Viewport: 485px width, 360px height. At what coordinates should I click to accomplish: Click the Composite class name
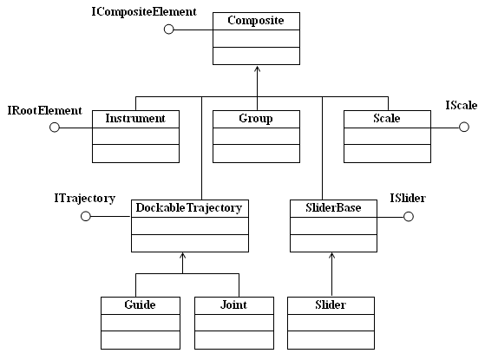[x=256, y=21]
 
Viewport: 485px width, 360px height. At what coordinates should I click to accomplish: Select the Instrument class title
[x=135, y=119]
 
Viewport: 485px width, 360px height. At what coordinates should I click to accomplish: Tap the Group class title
[x=256, y=119]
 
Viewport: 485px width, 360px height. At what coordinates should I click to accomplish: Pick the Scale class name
[x=387, y=119]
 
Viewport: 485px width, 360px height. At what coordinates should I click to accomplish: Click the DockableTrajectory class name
[x=189, y=208]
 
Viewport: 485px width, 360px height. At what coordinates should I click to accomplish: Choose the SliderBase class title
[x=333, y=207]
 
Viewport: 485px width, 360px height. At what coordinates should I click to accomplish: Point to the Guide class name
[x=140, y=305]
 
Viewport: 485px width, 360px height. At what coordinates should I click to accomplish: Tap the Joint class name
[x=234, y=305]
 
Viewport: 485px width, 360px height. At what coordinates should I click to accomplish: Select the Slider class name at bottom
[x=331, y=305]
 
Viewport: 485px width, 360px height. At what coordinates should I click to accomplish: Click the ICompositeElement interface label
[x=144, y=12]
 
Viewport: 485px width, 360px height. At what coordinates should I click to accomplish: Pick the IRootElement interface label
[x=45, y=110]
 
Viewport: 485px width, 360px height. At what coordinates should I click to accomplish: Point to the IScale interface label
[x=462, y=106]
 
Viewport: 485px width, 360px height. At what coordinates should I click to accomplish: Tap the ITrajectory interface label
[x=85, y=199]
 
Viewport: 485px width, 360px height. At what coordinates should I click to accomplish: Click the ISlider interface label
[x=408, y=198]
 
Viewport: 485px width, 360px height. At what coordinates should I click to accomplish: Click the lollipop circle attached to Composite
[x=169, y=25]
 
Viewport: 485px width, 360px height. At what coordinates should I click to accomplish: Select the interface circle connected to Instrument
[x=55, y=123]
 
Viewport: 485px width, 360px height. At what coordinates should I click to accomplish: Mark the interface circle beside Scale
[x=464, y=123]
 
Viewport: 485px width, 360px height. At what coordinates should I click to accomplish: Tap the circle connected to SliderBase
[x=409, y=213]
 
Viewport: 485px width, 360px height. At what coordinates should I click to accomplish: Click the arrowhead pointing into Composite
[x=258, y=69]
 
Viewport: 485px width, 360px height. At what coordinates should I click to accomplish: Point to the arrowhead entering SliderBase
[x=332, y=255]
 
